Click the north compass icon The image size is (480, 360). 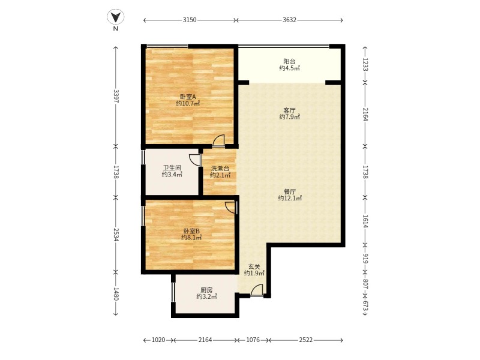[116, 17]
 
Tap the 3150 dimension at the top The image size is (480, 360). [190, 20]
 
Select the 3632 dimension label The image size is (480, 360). [289, 20]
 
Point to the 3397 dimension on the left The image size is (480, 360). [116, 96]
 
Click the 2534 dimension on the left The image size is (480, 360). [116, 234]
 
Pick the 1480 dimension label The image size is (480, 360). [116, 293]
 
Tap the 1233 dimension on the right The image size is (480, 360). [365, 64]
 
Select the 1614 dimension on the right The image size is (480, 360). [365, 221]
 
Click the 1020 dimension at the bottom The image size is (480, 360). [158, 340]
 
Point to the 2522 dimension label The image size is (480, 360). [306, 340]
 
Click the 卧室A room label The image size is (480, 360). [188, 97]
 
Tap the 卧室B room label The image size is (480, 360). [191, 231]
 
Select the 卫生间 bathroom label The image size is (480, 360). [172, 168]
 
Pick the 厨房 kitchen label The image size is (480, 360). [206, 290]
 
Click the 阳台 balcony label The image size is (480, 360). [289, 61]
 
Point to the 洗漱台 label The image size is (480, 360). [220, 169]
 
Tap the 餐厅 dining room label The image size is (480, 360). [290, 191]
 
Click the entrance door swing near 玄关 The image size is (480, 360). [257, 290]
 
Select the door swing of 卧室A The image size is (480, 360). [218, 141]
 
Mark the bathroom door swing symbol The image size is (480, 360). [195, 160]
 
